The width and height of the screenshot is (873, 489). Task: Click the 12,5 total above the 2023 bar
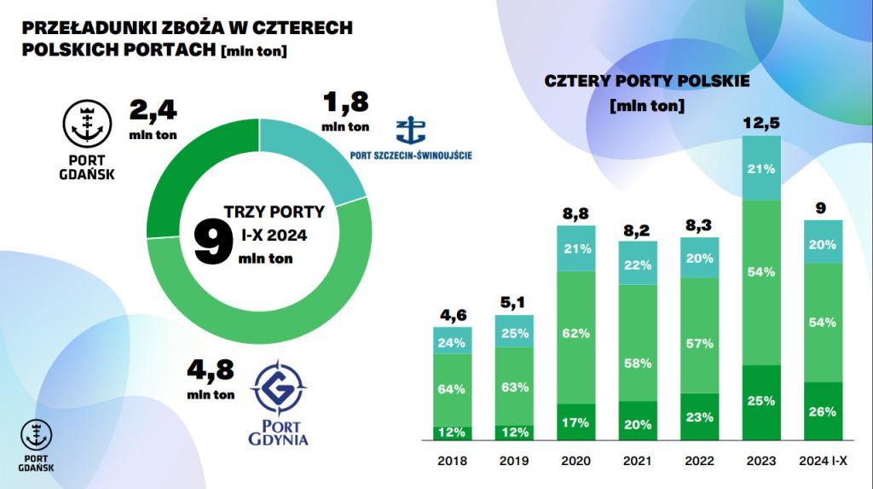760,125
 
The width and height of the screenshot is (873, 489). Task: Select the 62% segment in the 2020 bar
576,333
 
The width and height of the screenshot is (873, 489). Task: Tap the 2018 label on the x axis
452,461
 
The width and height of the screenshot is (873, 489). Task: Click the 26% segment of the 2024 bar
823,411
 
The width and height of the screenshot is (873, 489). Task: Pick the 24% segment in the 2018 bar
452,343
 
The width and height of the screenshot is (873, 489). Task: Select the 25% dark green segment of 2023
760,401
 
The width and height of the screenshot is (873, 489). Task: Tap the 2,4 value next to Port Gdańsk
153,112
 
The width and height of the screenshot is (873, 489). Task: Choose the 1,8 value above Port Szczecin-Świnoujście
345,103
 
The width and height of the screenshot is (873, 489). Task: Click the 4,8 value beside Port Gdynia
210,372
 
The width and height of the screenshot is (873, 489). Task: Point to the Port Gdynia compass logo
278,389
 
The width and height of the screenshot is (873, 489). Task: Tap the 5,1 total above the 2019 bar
514,301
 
